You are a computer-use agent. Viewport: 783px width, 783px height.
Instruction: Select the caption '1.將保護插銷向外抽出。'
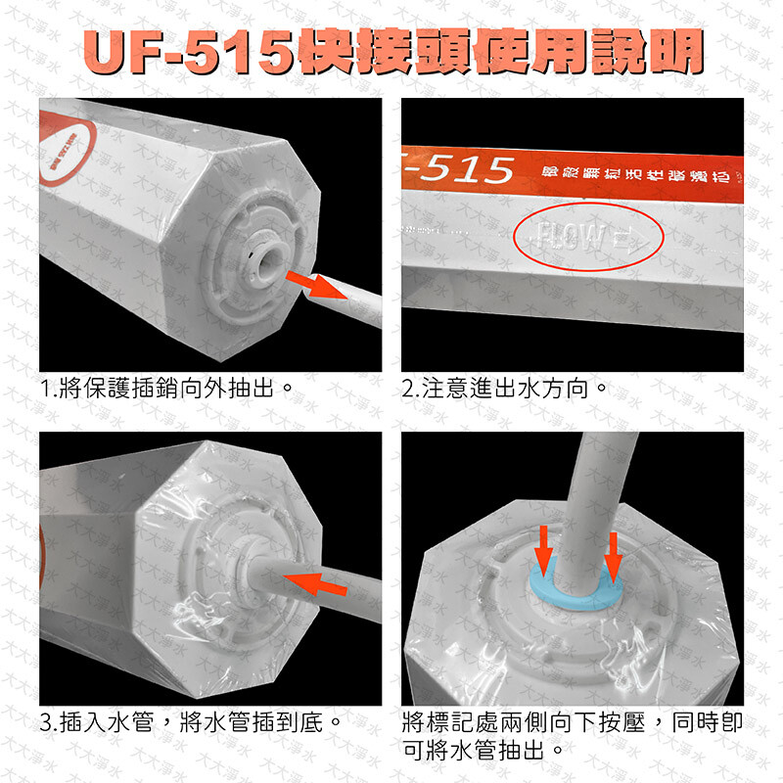(x=167, y=389)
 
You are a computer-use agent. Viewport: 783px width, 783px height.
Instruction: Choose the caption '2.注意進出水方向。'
(x=505, y=389)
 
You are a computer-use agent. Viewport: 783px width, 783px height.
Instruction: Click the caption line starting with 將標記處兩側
(x=573, y=724)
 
